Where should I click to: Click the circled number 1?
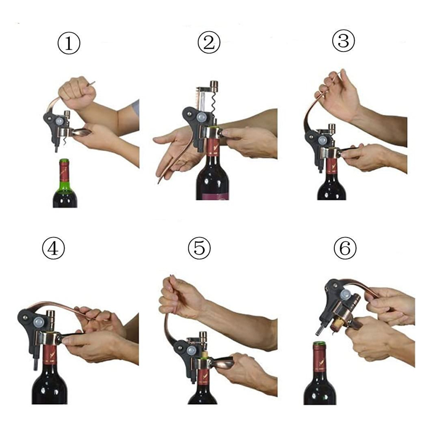coord(69,44)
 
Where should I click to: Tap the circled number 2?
coord(209,42)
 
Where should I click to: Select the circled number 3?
coord(343,41)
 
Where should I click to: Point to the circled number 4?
coord(53,248)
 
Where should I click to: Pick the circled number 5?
coord(199,248)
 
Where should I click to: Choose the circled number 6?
coord(345,248)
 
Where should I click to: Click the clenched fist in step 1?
coord(77,92)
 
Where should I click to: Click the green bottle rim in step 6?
coord(319,343)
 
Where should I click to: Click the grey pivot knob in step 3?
coord(324,140)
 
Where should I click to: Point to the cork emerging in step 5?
coord(204,354)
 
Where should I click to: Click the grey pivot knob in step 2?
coord(202,117)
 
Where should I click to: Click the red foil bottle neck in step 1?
coord(64,173)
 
